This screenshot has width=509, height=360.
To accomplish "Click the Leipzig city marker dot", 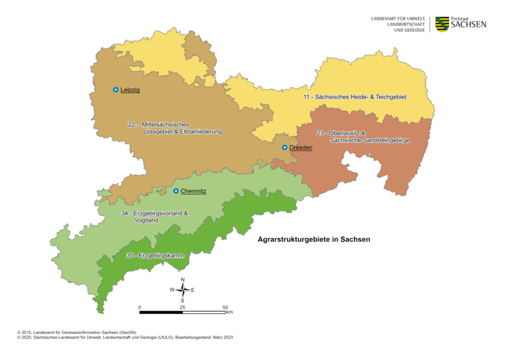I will pos(116,90).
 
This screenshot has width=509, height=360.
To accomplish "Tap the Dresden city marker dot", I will pos(285,147).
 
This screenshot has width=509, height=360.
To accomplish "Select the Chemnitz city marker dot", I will pos(176,191).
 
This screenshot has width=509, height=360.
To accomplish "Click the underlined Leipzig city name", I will pos(131,90).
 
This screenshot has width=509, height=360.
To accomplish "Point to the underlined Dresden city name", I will pos(301,148).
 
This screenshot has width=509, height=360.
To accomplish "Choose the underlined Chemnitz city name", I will pos(193,191).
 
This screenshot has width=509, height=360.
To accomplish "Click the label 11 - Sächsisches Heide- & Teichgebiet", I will pos(354,97).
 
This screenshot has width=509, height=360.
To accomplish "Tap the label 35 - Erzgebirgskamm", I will pos(155,256).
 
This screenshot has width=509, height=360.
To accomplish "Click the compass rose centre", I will pos(183,290).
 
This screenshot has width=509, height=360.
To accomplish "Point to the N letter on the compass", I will pos(183,279).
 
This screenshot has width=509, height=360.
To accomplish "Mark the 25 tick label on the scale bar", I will pos(182,307).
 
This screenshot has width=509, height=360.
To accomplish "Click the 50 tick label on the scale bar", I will pos(225,307).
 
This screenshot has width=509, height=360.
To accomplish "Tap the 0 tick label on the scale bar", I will pos(140,307).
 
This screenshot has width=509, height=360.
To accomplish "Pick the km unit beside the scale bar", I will pos(230,312).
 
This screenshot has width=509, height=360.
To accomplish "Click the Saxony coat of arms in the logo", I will pos(442,24).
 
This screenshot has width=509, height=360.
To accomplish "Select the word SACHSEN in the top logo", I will pos(469,25).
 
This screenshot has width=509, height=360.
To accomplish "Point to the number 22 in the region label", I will pos(131,124).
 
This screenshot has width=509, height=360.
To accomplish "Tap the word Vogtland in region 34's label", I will pos(147,220).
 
